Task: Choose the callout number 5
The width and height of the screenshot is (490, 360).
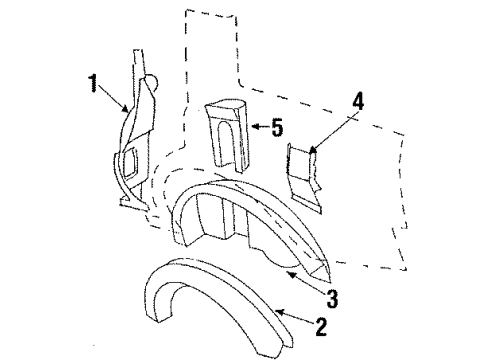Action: point(276,127)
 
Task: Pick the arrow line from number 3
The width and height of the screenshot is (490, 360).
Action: point(305,282)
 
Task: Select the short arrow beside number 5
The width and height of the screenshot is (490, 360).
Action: point(258,128)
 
